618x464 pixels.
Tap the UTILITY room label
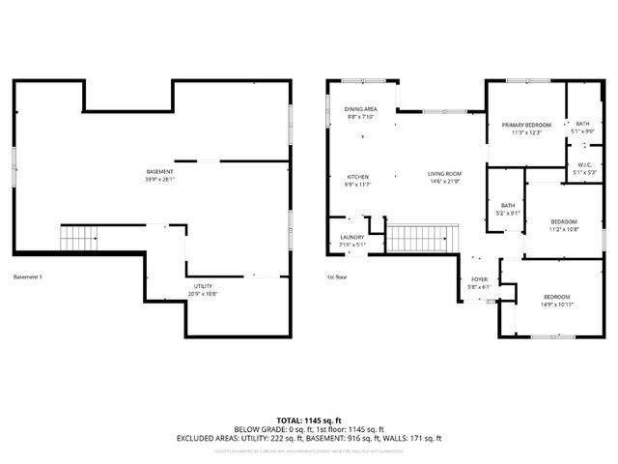pos(202,286)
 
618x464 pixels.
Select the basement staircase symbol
pos(80,238)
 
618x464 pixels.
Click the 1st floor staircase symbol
pos(422,237)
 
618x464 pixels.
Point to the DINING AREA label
pos(360,109)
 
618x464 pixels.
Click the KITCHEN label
pos(358,177)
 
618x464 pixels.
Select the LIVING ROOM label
pos(445,174)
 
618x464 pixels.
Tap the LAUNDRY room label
pos(351,238)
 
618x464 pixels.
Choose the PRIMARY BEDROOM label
pos(525,125)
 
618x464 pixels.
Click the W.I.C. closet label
pos(584,164)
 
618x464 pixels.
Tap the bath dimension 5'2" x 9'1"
pos(507,213)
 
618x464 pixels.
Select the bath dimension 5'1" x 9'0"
pos(582,131)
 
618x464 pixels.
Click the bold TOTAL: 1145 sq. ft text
pos(309,420)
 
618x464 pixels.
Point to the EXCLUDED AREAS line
pos(309,438)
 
